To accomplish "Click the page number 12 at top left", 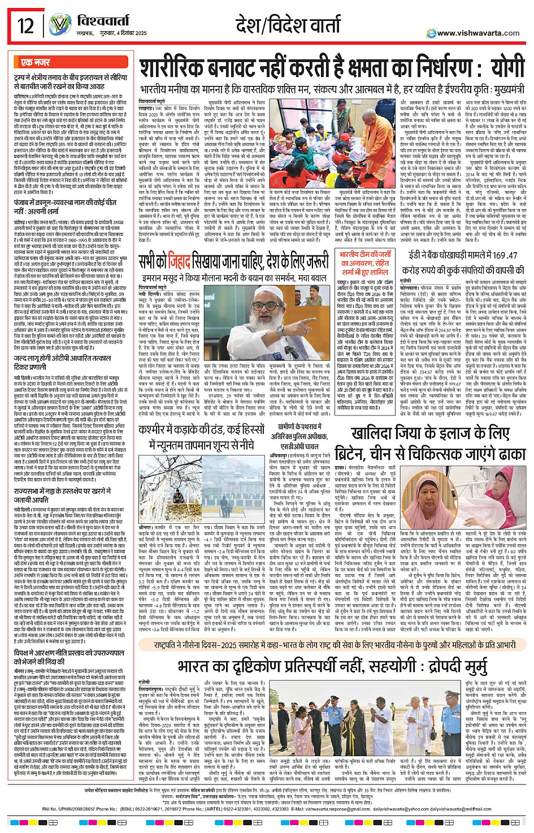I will coord(25,26).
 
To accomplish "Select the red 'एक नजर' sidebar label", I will coord(35,62).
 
